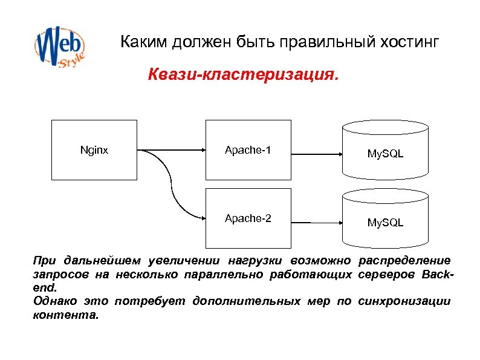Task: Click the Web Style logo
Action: coord(59,45)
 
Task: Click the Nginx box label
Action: coord(94,149)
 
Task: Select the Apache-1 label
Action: coord(248,149)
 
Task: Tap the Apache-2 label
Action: coord(248,218)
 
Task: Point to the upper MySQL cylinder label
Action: coord(386,154)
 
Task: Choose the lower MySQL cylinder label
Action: coord(386,223)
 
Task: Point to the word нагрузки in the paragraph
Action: coord(253,261)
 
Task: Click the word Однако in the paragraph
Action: coord(54,301)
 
